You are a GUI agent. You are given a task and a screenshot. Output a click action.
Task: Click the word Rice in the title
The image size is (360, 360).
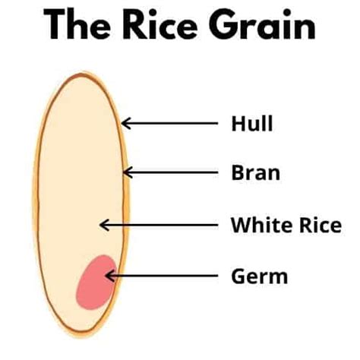[x=159, y=24]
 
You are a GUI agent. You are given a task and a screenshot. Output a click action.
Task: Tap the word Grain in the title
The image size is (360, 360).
[x=262, y=24]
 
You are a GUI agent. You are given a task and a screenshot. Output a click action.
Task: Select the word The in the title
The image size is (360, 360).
[x=77, y=24]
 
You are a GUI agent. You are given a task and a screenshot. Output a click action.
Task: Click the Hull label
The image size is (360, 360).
[x=252, y=123]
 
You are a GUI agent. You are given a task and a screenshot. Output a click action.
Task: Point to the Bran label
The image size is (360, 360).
[x=256, y=172]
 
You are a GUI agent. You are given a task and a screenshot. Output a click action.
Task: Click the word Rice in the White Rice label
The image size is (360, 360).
[x=321, y=225]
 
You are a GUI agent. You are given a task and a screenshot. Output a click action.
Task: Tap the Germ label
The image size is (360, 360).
[x=260, y=276]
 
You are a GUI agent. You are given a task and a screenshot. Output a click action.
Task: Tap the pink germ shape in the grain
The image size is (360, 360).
[x=96, y=283]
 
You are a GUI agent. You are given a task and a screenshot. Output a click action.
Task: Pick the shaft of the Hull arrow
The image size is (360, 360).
[x=169, y=123]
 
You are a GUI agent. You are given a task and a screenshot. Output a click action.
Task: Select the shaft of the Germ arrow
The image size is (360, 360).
[x=162, y=276]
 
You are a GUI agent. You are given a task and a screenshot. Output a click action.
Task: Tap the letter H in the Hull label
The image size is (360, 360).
[x=238, y=123]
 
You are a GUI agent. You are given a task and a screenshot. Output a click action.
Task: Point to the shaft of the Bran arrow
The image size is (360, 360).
[x=171, y=172]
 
